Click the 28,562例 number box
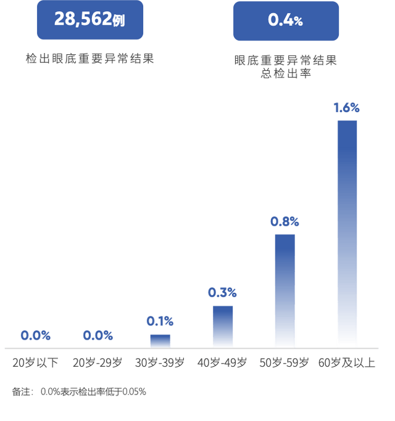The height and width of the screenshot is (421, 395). pyautogui.click(x=90, y=20)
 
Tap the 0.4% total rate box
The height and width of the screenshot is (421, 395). pyautogui.click(x=286, y=21)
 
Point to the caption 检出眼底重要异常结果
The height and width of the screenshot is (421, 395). pyautogui.click(x=89, y=59)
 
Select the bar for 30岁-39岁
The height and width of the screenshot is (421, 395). pyautogui.click(x=160, y=340)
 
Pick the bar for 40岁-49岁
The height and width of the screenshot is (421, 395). pyautogui.click(x=223, y=325)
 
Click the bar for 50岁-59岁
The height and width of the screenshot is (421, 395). pyautogui.click(x=285, y=290)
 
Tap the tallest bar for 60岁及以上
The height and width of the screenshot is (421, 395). pyautogui.click(x=347, y=234)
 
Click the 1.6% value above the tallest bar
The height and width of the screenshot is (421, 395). pyautogui.click(x=346, y=108)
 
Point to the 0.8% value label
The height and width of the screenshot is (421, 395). pyautogui.click(x=285, y=221)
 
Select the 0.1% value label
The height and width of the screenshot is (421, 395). pyautogui.click(x=160, y=321)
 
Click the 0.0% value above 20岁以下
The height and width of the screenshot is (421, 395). pyautogui.click(x=35, y=336)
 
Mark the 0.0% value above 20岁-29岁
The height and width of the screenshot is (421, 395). pyautogui.click(x=98, y=336)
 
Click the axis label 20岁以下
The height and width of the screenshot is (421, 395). pyautogui.click(x=35, y=362)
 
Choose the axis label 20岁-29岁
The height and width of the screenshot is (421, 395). pyautogui.click(x=98, y=362)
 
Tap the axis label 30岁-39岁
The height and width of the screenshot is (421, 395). pyautogui.click(x=160, y=362)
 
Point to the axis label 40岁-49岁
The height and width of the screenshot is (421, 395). pyautogui.click(x=222, y=362)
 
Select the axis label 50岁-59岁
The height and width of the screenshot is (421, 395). pyautogui.click(x=285, y=362)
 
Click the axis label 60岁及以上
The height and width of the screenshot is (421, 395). pyautogui.click(x=346, y=362)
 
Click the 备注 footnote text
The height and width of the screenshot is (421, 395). pyautogui.click(x=79, y=391)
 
